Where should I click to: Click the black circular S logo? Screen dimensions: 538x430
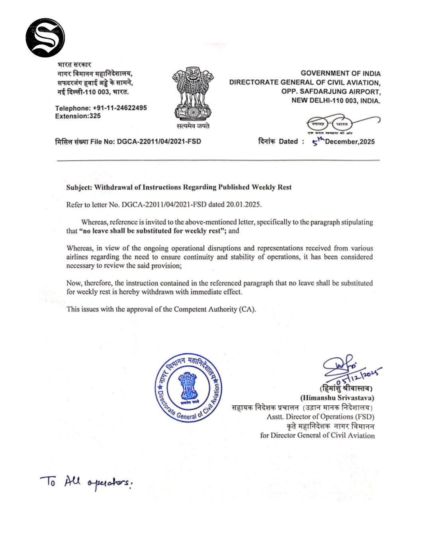(45, 37)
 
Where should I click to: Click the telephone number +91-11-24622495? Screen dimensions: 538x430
(119, 108)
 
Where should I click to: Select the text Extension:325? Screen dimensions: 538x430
(78, 116)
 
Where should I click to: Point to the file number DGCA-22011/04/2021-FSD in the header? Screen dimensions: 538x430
(159, 141)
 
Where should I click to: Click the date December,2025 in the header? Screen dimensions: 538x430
(350, 141)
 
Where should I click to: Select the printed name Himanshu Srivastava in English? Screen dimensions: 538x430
(337, 398)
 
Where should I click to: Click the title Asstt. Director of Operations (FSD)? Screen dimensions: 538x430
(321, 417)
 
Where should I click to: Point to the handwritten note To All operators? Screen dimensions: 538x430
(86, 483)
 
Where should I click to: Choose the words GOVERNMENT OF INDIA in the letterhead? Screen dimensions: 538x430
(340, 73)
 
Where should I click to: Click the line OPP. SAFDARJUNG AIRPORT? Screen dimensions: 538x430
(330, 92)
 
